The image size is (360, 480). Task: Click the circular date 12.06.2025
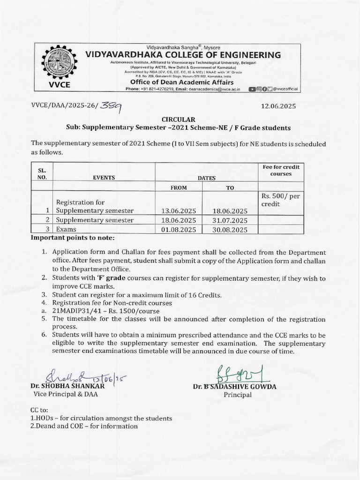tap(278, 106)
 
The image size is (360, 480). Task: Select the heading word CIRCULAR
tap(176, 120)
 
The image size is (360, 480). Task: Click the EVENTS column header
tap(104, 178)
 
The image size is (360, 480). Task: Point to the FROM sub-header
tap(179, 187)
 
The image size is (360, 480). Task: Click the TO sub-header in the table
tap(230, 187)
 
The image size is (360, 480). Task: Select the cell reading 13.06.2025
tap(178, 211)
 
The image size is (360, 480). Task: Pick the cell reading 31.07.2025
tap(230, 220)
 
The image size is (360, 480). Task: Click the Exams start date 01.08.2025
tap(178, 230)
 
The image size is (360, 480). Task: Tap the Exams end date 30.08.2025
tap(230, 230)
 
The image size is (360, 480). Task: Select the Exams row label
tap(66, 230)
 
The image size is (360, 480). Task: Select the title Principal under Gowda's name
tap(238, 395)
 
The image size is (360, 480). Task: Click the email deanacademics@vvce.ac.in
tap(216, 89)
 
